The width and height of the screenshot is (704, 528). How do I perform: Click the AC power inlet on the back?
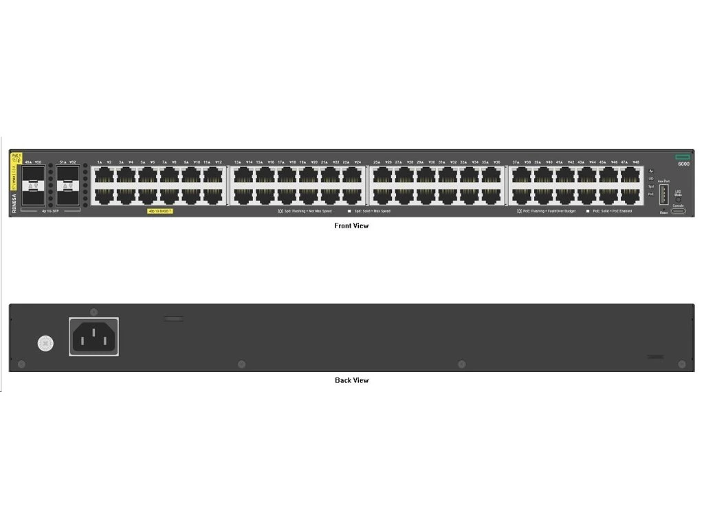pos(93,336)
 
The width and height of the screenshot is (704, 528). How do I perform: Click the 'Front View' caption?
pos(351,225)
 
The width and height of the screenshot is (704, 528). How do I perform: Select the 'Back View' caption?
pos(351,380)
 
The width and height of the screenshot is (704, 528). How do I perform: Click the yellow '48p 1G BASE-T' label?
pos(160,211)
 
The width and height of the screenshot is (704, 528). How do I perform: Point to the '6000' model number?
pos(683,164)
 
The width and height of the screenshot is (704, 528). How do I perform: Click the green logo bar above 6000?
pos(683,157)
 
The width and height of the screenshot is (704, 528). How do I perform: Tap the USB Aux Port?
pos(663,195)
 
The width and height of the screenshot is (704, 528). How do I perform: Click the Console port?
pos(678,210)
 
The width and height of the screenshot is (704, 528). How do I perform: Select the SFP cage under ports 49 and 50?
pos(33,186)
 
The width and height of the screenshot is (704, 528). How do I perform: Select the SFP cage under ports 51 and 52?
pos(67,186)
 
